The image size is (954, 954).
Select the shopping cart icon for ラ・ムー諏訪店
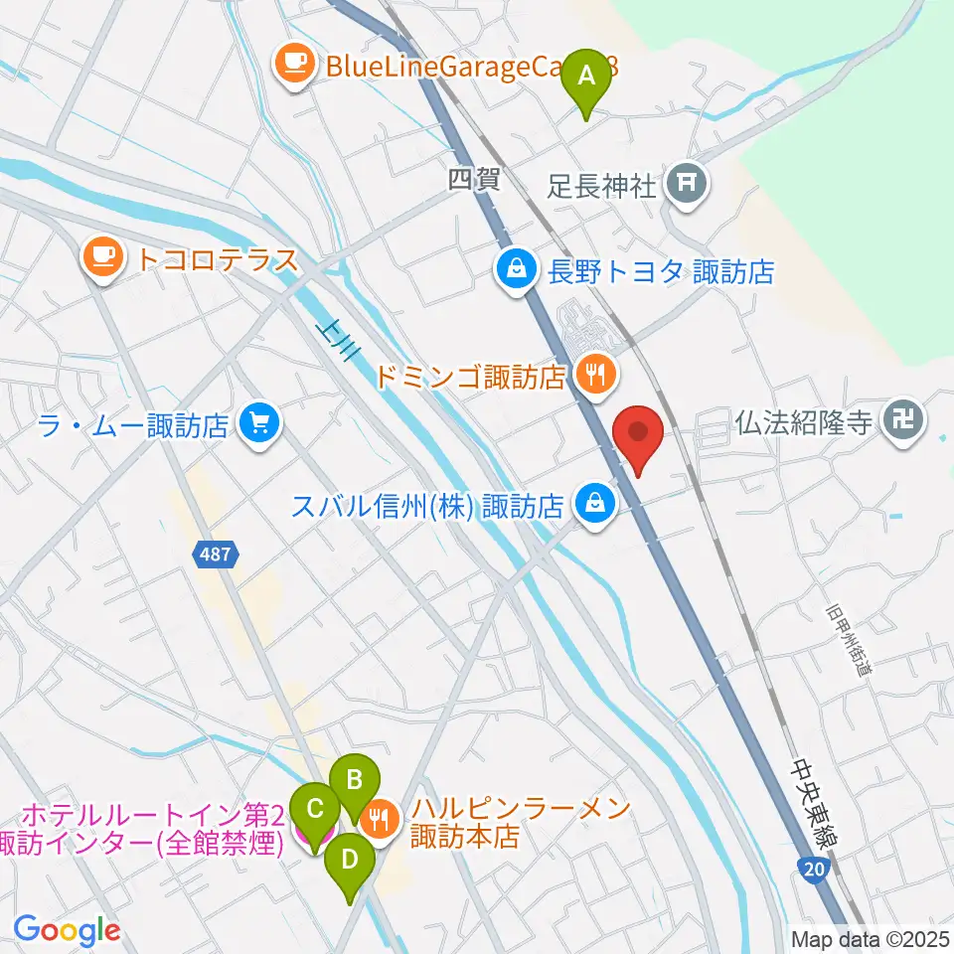coord(259,426)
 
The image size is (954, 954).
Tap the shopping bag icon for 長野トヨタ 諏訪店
coord(518,270)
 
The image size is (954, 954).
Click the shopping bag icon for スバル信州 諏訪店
coord(593,507)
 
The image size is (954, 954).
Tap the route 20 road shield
coord(813,870)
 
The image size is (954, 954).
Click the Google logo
coord(67,930)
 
